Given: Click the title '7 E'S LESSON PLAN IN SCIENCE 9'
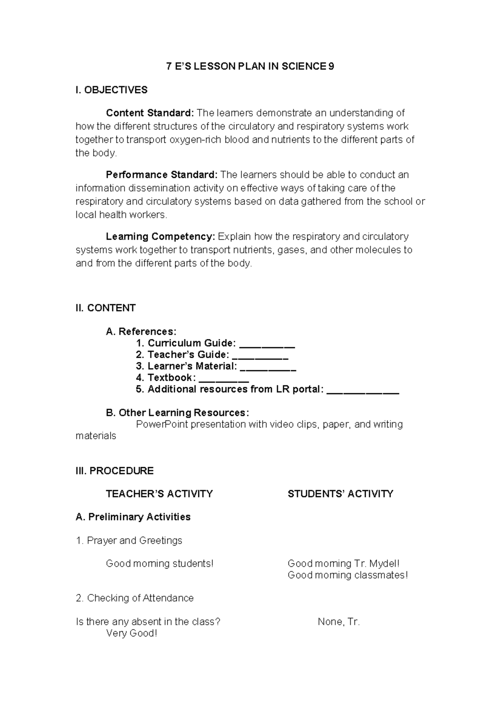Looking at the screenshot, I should coord(250,67).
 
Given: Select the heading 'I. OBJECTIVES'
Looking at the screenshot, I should coord(111,90).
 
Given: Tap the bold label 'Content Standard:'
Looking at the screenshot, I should coord(150,113).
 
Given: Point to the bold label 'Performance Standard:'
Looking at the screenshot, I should coord(162,174).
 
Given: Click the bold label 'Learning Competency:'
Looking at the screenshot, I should coord(160,237).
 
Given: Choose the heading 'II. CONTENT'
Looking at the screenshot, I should coord(106,308).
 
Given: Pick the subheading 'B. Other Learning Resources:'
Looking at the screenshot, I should coord(177,413).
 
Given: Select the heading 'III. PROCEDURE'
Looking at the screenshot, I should coord(114,471).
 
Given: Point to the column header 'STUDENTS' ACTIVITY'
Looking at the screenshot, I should coord(340,494).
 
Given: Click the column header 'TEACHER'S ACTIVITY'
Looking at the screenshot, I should coord(159,494).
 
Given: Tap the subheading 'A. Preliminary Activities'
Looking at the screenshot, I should coord(133,517).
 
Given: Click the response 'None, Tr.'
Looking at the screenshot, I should coord(339,622).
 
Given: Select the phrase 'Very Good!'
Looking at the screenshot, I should coord(132,634).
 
